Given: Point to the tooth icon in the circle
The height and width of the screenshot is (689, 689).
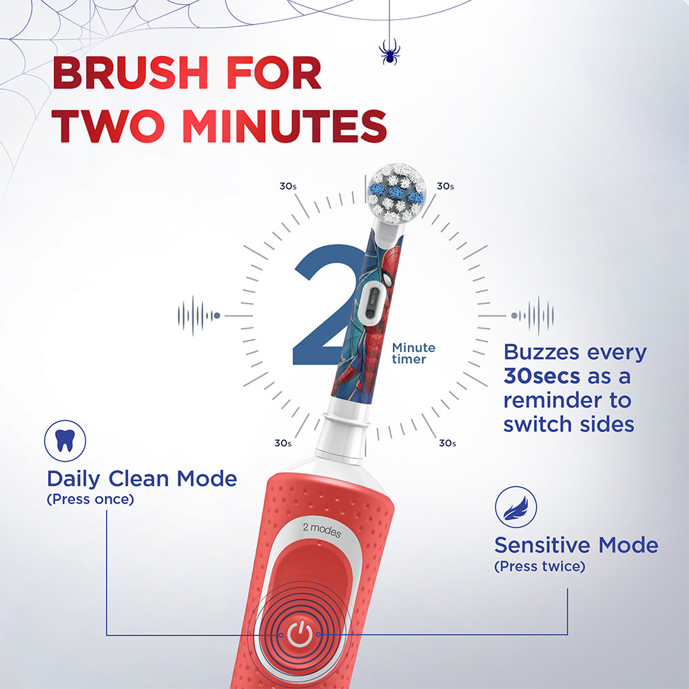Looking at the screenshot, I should pyautogui.click(x=65, y=441).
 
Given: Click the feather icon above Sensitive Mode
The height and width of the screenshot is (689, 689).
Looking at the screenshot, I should pyautogui.click(x=515, y=508).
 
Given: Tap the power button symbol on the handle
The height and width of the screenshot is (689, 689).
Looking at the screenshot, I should pyautogui.click(x=299, y=634).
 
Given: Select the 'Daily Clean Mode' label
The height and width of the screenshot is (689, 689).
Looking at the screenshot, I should pyautogui.click(x=142, y=478).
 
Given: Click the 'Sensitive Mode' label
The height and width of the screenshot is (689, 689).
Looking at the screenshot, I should pyautogui.click(x=576, y=546).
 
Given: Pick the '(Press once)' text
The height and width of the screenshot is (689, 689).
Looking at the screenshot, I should pyautogui.click(x=90, y=499).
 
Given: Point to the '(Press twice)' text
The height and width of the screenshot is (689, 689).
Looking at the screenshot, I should pyautogui.click(x=539, y=566).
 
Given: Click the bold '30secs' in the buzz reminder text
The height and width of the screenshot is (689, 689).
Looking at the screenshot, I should pyautogui.click(x=541, y=376).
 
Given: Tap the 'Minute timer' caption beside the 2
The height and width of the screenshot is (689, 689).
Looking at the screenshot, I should pyautogui.click(x=413, y=353).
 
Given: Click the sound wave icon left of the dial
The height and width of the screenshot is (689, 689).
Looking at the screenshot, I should pyautogui.click(x=198, y=316).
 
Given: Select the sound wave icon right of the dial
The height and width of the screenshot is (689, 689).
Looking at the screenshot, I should pyautogui.click(x=533, y=316).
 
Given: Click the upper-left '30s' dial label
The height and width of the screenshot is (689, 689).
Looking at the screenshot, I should pyautogui.click(x=288, y=186).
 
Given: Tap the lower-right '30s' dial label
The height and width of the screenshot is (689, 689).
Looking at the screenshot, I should pyautogui.click(x=447, y=443).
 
